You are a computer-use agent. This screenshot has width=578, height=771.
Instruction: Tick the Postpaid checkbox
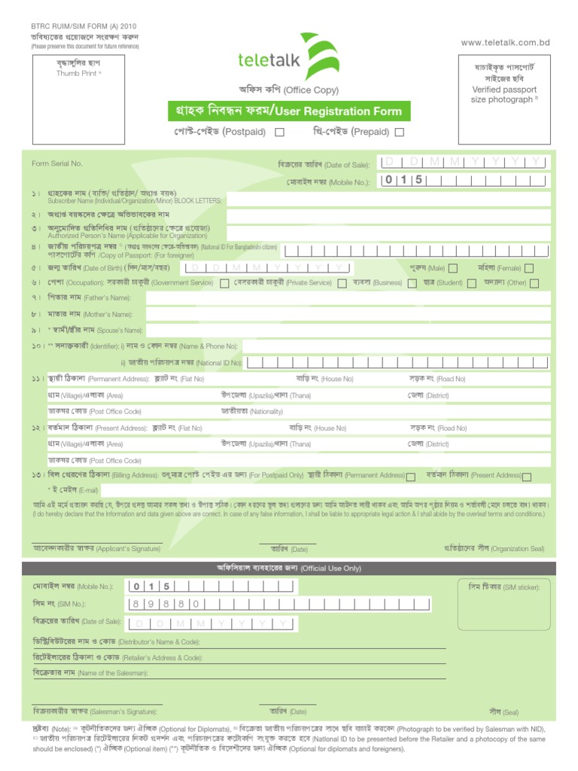tap(280, 133)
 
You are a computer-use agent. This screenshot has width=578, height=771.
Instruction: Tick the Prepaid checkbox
tap(400, 133)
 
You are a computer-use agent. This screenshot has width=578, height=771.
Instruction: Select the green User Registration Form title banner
tap(288, 111)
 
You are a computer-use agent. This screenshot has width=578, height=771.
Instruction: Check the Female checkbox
tap(529, 268)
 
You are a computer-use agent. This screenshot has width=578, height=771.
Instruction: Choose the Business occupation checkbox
tap(433, 283)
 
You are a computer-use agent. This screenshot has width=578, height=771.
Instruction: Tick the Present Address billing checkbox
tap(528, 476)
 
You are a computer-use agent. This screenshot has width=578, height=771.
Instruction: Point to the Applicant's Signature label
tap(97, 549)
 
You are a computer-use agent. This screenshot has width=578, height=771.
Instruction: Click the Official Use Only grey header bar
tap(289, 568)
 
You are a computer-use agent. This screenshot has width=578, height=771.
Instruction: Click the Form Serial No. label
tap(57, 163)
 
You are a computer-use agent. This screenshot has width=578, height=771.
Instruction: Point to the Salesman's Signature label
tap(95, 711)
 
